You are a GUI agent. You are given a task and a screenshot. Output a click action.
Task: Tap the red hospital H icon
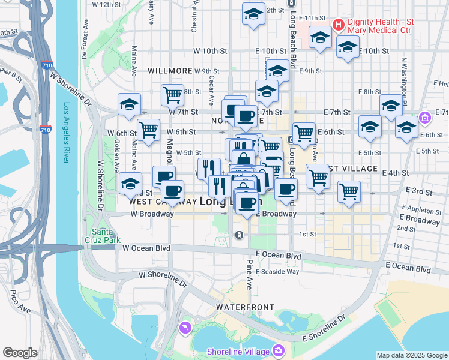(x=338, y=25)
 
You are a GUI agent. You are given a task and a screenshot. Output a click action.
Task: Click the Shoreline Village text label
(x=237, y=351)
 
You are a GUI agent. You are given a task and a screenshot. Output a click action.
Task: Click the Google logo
(x=20, y=353)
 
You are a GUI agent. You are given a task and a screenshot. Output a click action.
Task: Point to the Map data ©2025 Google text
(x=412, y=355)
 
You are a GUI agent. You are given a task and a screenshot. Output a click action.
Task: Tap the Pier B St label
(x=10, y=75)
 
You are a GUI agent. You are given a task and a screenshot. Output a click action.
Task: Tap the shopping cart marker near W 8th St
(x=172, y=94)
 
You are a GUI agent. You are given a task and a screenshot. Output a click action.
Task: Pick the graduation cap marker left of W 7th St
(x=129, y=104)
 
